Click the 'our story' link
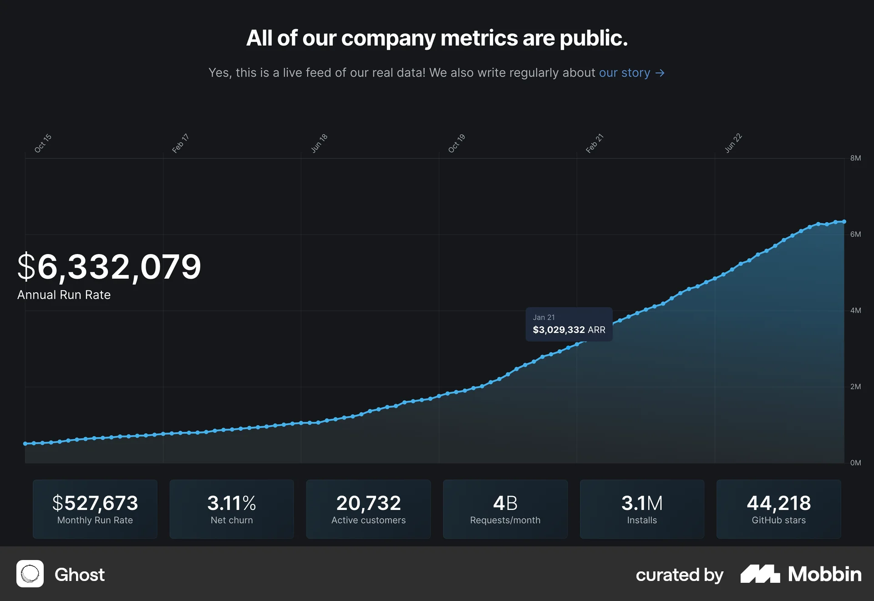pos(624,73)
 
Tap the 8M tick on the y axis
pos(855,158)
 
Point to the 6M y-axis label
pos(855,234)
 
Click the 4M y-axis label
pos(855,311)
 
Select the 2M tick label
pos(855,387)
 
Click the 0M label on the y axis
pos(855,463)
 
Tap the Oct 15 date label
pos(43,143)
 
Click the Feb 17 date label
pos(180,143)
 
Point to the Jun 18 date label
pos(319,143)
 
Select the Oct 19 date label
pos(456,143)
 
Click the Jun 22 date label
pos(733,143)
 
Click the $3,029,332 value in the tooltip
pos(559,330)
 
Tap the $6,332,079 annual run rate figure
pos(109,267)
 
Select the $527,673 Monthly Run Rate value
pos(95,503)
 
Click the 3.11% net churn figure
pos(232,503)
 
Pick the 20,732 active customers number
pos(368,503)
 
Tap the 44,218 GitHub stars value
pos(778,503)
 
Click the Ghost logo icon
pos(30,574)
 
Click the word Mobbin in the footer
pos(824,574)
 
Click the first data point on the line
pos(25,443)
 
